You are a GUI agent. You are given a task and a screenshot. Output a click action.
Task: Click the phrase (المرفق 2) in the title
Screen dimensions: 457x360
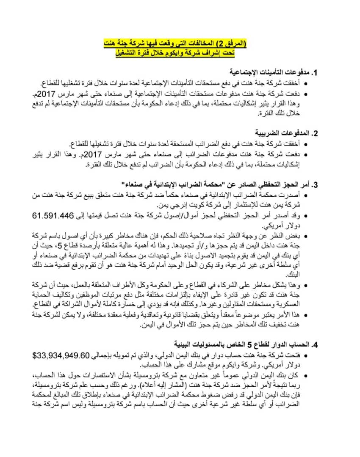[x=233, y=44]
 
